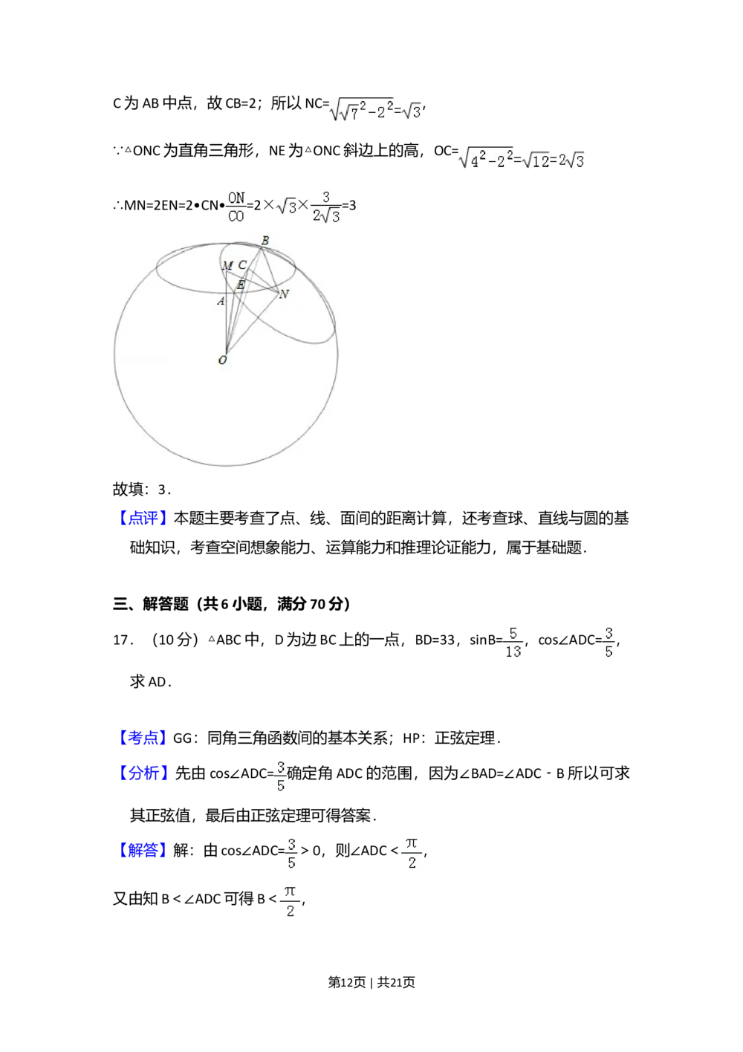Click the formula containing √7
coord(374,111)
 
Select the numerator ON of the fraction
coord(236,197)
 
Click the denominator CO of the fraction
coord(236,216)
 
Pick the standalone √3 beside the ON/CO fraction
coord(285,207)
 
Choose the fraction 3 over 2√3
coord(326,206)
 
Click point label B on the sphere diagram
coord(265,240)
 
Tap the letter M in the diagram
coord(227,266)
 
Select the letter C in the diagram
coord(242,265)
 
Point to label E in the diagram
coord(240,285)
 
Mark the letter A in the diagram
coord(221,301)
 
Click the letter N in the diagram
coord(284,294)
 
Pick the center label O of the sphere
coord(222,360)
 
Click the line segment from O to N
coord(251,323)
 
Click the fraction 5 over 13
coord(513,643)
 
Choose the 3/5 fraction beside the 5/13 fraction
coord(609,643)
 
